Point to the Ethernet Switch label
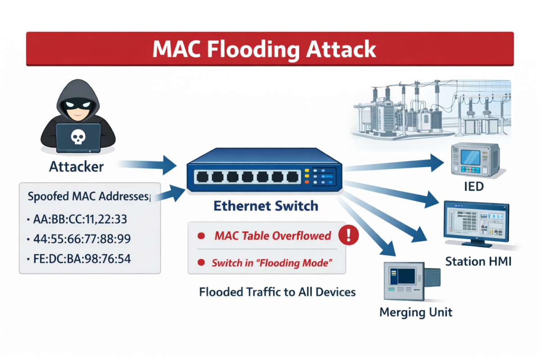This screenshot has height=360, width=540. coord(265,206)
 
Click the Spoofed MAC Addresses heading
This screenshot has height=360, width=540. coord(88,197)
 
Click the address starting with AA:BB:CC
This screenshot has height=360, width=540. coord(80,220)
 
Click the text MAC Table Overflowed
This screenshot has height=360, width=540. coord(273,236)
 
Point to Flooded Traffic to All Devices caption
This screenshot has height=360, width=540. coord(277,292)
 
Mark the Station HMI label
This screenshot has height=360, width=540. coord(478,261)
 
